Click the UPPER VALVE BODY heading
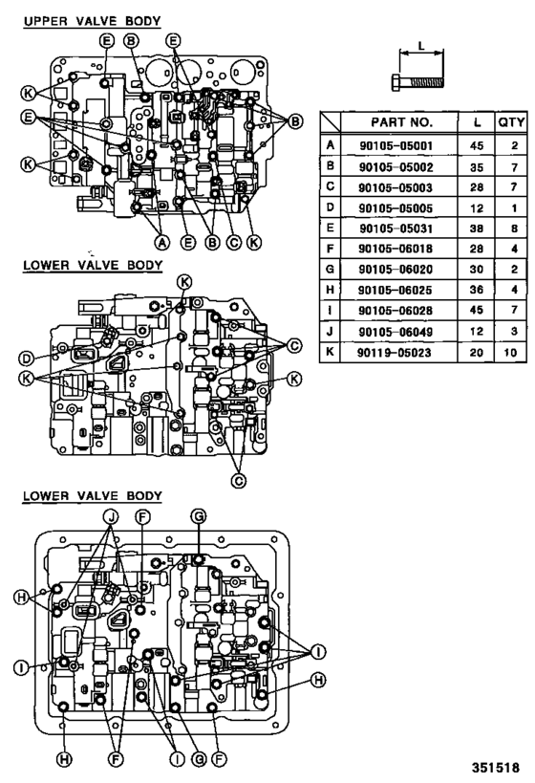(x=92, y=20)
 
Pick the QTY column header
(x=506, y=123)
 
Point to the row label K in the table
(x=331, y=354)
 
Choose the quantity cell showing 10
(x=506, y=354)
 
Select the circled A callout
(x=161, y=243)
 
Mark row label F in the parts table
(x=331, y=250)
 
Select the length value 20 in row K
(x=475, y=354)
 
